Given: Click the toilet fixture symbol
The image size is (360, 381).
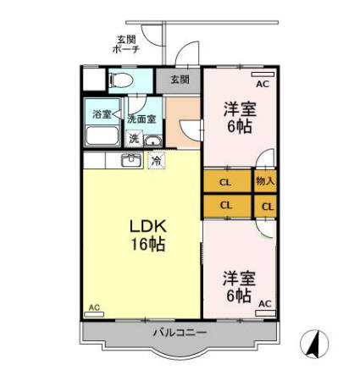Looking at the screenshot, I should click(118, 80).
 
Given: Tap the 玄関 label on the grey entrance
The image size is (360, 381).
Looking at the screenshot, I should click(179, 80).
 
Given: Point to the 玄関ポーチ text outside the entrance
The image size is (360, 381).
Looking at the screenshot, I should click(126, 44).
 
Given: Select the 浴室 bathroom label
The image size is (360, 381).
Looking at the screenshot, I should click(102, 113).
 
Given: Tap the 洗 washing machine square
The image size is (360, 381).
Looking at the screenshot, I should click(134, 139).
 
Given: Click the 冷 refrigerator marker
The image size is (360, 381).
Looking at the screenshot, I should click(156, 160).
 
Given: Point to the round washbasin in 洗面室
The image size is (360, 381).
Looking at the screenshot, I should click(151, 140).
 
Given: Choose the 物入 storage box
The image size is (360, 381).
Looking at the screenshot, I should click(265, 181).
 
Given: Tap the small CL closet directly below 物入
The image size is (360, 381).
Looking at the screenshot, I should click(267, 206).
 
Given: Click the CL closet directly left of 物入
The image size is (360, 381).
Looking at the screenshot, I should click(226, 181).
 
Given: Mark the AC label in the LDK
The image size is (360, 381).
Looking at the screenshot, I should click(94, 307).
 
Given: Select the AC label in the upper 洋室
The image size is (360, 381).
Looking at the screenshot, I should click(262, 85).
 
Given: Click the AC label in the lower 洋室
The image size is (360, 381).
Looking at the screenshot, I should click(264, 303).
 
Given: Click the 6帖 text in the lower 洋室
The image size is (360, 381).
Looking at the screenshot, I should click(238, 295).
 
